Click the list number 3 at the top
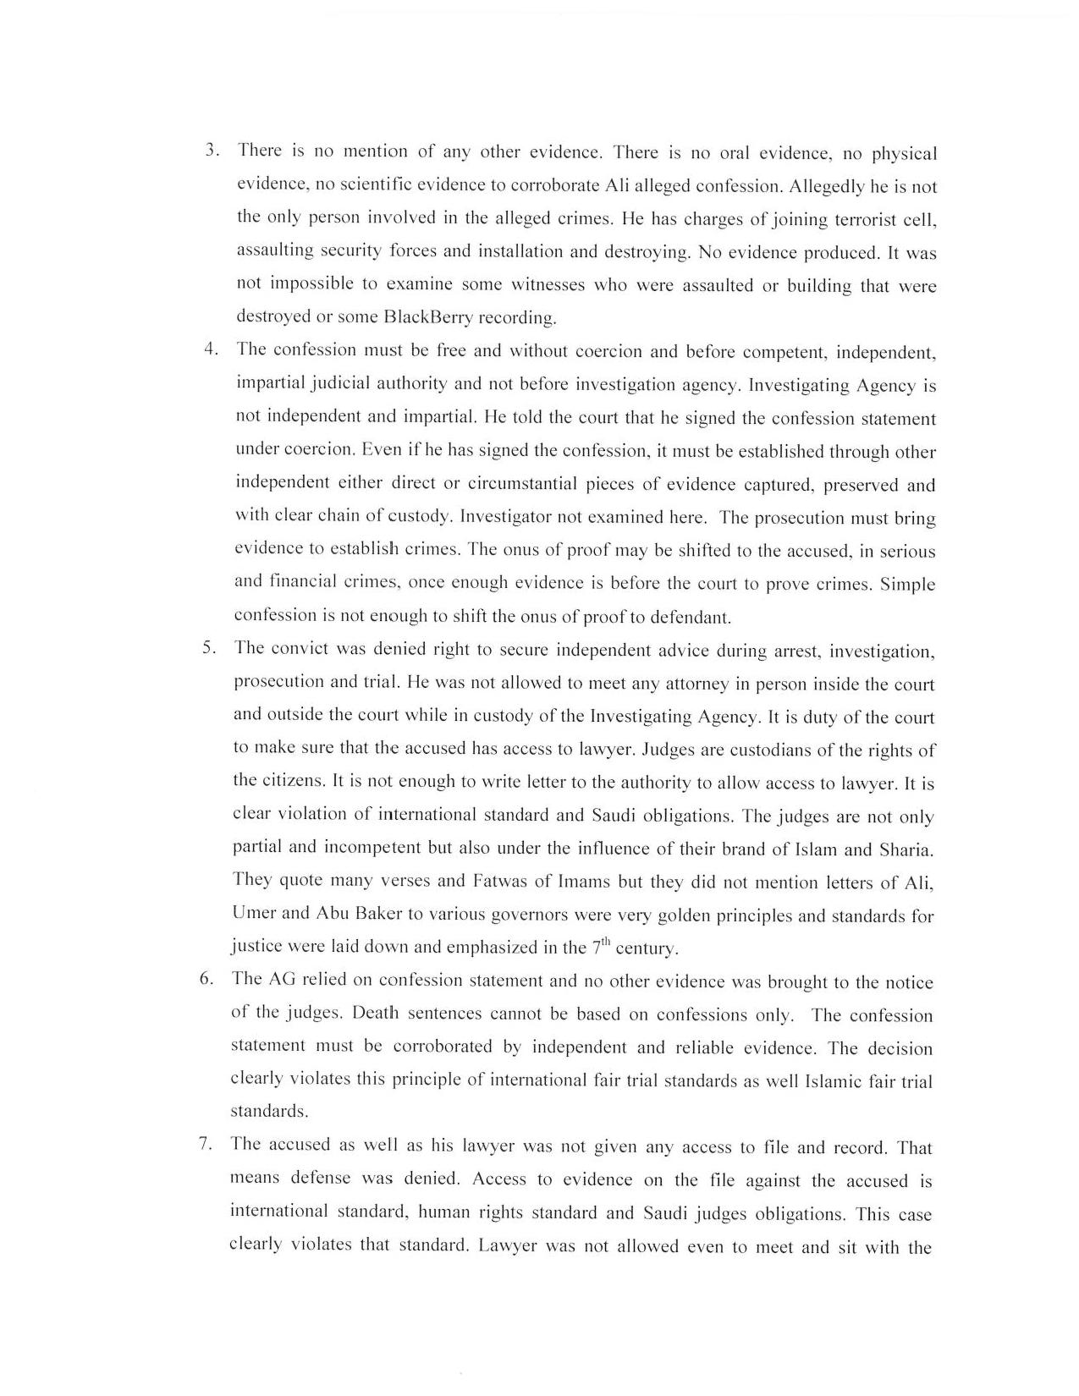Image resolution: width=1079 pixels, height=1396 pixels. click(x=212, y=151)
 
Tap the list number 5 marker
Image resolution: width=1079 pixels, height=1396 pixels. click(x=208, y=648)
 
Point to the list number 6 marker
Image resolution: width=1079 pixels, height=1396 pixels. click(x=206, y=979)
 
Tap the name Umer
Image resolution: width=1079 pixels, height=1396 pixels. click(x=253, y=914)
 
